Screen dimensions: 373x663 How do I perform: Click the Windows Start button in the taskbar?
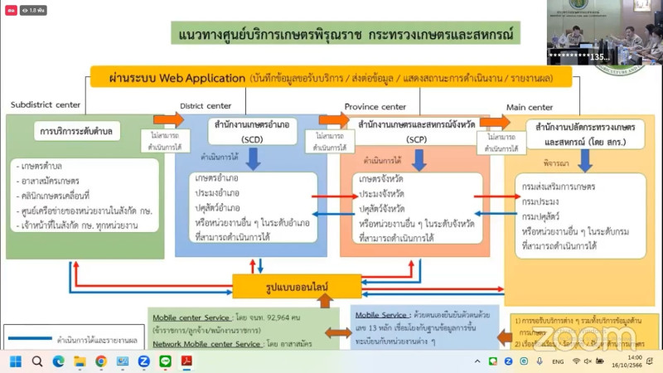pyautogui.click(x=14, y=361)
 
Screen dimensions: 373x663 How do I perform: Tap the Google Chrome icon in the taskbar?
pyautogui.click(x=101, y=361)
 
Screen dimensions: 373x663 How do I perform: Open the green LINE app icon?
pyautogui.click(x=165, y=361)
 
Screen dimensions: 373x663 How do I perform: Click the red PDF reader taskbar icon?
pyautogui.click(x=186, y=361)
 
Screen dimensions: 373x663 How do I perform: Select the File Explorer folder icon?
pyautogui.click(x=80, y=361)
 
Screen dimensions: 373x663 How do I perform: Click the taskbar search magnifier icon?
pyautogui.click(x=36, y=361)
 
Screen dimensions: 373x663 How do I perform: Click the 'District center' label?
pyautogui.click(x=206, y=105)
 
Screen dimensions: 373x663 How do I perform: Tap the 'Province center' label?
pyautogui.click(x=375, y=106)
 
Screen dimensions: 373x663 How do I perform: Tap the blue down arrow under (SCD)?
pyautogui.click(x=254, y=157)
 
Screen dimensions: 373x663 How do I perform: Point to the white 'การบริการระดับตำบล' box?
pyautogui.click(x=80, y=131)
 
